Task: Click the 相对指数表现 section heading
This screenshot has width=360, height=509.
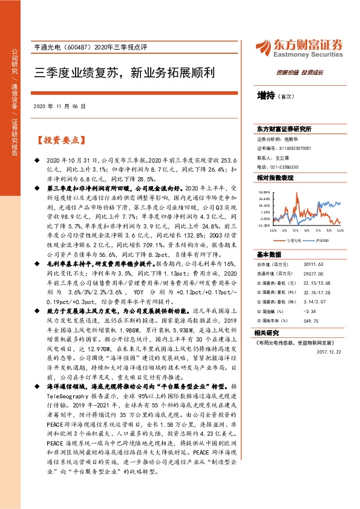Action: coord(275,178)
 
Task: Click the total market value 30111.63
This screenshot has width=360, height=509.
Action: coord(302,264)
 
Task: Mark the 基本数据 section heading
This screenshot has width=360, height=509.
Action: coord(269,254)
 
